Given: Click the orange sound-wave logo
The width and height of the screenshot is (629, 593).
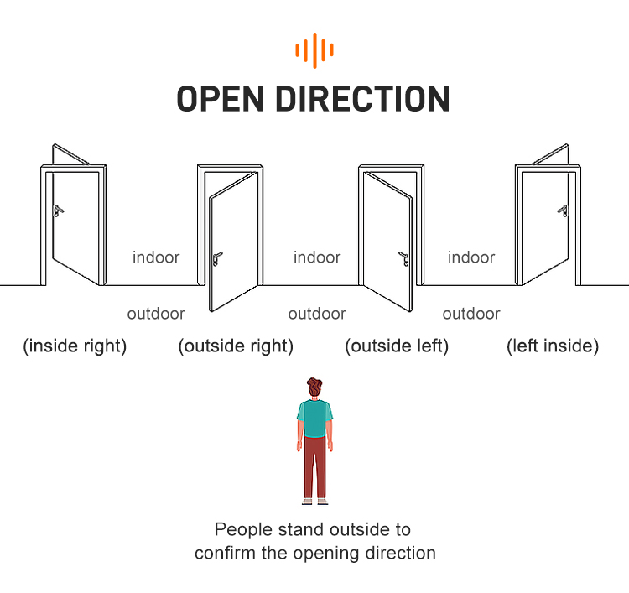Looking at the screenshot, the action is pos(314,50).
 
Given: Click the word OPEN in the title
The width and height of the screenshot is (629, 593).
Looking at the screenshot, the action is pos(221,99).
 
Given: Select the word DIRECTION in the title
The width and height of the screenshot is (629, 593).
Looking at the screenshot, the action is pos(362,99).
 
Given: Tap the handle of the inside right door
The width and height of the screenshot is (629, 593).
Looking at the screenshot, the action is pos(58,211).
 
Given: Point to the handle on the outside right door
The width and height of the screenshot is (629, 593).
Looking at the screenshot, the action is pos(217,258).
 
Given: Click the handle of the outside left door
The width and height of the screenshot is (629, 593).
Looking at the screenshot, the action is pos(404,258).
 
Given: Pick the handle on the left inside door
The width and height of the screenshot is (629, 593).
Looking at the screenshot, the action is pos(563,211).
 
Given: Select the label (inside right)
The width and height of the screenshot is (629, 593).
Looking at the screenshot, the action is pos(75,346).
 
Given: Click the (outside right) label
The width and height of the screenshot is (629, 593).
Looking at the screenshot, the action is pos(236,346).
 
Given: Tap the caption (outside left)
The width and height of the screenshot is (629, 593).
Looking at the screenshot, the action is pos(397,346).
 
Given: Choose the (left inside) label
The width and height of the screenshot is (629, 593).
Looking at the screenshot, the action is pos(553,346).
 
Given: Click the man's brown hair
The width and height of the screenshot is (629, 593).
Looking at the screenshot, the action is pos(314,386).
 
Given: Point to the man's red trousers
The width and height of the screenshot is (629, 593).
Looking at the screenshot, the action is pos(314,467).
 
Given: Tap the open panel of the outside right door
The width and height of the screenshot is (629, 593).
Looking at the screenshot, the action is pos(233,242).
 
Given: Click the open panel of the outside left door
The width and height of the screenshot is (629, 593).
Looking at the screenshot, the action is pos(388,242).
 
